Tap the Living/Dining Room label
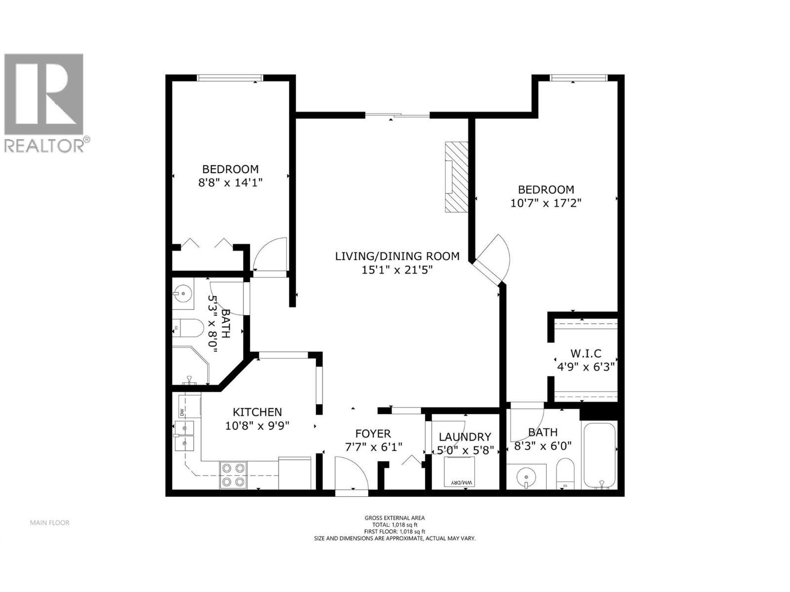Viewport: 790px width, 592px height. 397,256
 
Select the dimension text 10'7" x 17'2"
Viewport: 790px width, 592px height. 546,203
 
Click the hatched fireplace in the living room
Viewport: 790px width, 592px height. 456,177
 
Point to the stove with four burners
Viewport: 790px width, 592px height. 233,474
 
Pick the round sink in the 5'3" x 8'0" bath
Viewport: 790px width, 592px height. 183,294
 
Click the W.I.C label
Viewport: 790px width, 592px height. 586,354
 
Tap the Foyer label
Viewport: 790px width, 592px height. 373,434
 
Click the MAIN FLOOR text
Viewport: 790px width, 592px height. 49,522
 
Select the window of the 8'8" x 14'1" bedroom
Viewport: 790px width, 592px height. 230,77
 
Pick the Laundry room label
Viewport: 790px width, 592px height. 465,437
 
